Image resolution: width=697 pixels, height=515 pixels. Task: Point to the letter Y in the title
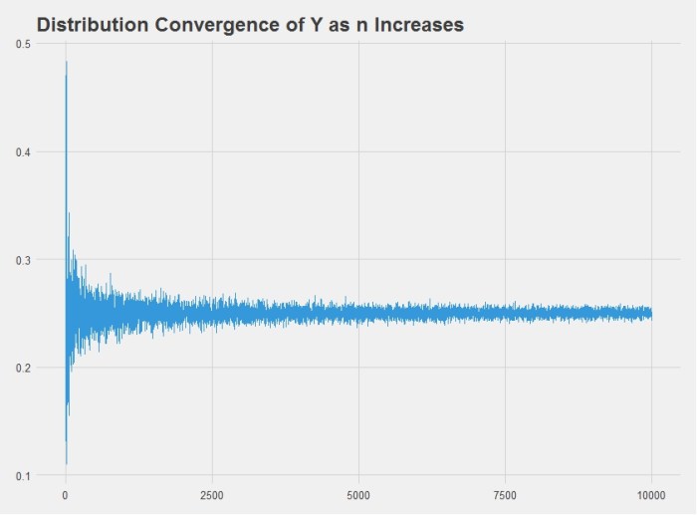(304, 25)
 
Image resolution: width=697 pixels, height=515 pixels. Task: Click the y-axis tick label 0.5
(21, 45)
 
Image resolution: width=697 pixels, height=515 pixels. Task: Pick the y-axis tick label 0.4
(21, 152)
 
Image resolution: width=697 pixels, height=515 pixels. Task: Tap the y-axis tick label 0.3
(21, 260)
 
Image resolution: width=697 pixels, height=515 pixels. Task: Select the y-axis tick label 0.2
(21, 368)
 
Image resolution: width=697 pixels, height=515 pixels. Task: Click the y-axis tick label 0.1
(21, 475)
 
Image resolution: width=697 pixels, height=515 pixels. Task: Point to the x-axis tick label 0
(66, 493)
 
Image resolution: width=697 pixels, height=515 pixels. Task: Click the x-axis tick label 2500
(212, 493)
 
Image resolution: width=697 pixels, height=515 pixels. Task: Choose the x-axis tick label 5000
(358, 493)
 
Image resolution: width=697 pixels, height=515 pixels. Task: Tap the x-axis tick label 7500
(505, 493)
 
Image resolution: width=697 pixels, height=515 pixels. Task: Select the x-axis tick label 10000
(651, 493)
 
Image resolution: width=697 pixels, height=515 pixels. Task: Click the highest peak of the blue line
(66, 62)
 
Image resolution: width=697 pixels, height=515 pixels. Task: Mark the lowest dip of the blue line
(66, 463)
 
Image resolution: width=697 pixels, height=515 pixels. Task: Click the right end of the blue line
(651, 314)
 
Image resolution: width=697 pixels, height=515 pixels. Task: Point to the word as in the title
(330, 25)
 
